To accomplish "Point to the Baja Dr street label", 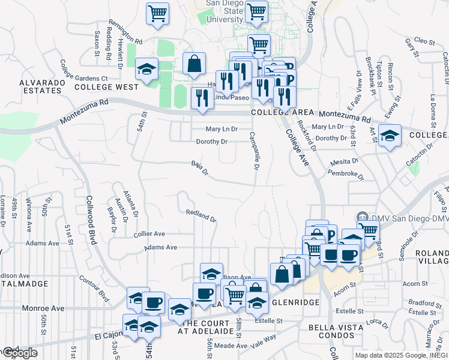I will [x=199, y=168].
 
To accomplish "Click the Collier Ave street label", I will [x=150, y=234].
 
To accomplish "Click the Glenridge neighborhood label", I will [x=296, y=302].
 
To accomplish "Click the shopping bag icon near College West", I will [x=194, y=64].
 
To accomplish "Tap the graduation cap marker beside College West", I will [x=146, y=70].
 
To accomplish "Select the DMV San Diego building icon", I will [x=361, y=217].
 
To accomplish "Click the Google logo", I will [x=20, y=353].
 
